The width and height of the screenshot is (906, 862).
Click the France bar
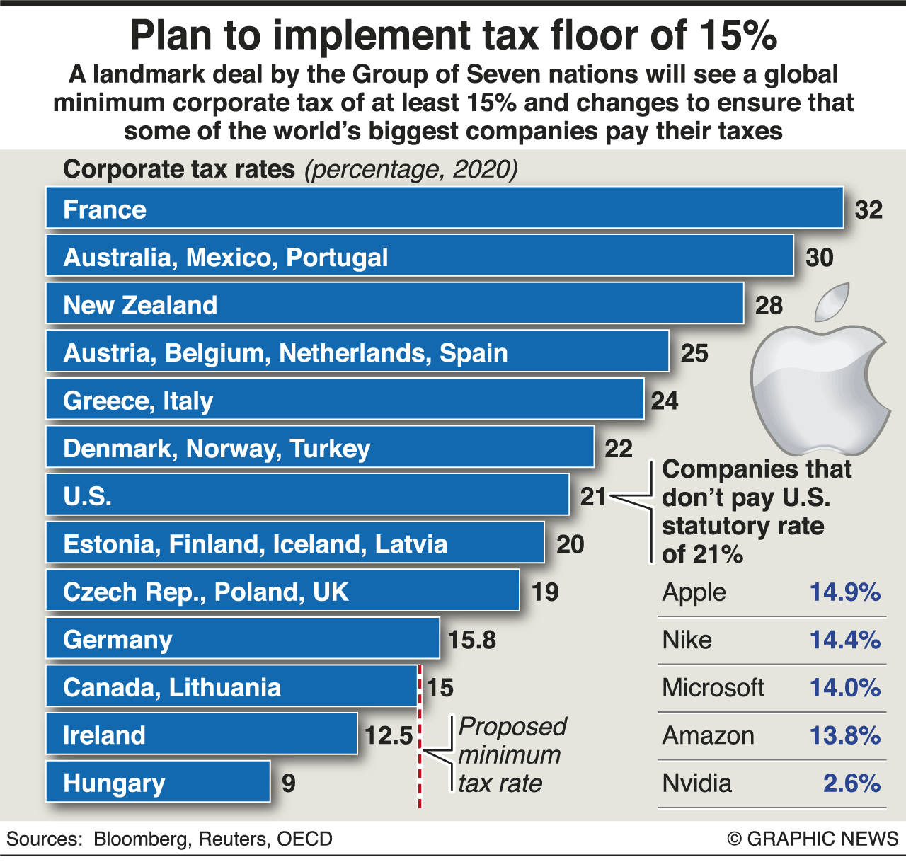[x=445, y=208]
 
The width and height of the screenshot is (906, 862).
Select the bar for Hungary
[x=158, y=782]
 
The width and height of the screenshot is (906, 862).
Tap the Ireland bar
[x=202, y=734]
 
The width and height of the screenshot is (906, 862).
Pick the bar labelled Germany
[x=243, y=638]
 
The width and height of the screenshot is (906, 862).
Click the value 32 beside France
[x=868, y=209]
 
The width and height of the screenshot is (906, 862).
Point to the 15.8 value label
[x=472, y=640]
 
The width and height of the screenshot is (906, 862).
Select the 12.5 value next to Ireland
[x=389, y=735]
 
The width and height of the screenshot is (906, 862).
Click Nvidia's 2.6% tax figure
[x=851, y=783]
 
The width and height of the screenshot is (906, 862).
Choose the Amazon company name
[x=708, y=735]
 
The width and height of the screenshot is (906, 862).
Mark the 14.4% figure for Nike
[x=844, y=640]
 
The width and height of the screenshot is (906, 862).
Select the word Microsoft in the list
[x=713, y=687]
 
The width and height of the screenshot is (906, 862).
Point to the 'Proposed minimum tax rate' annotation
[x=511, y=754]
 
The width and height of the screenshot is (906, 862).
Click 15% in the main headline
[x=738, y=35]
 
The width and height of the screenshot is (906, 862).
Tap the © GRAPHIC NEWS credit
[x=813, y=839]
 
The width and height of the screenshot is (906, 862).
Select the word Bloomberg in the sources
[x=141, y=839]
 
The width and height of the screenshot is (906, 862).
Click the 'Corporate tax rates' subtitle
[x=179, y=169]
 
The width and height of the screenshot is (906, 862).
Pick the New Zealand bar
[x=395, y=304]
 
